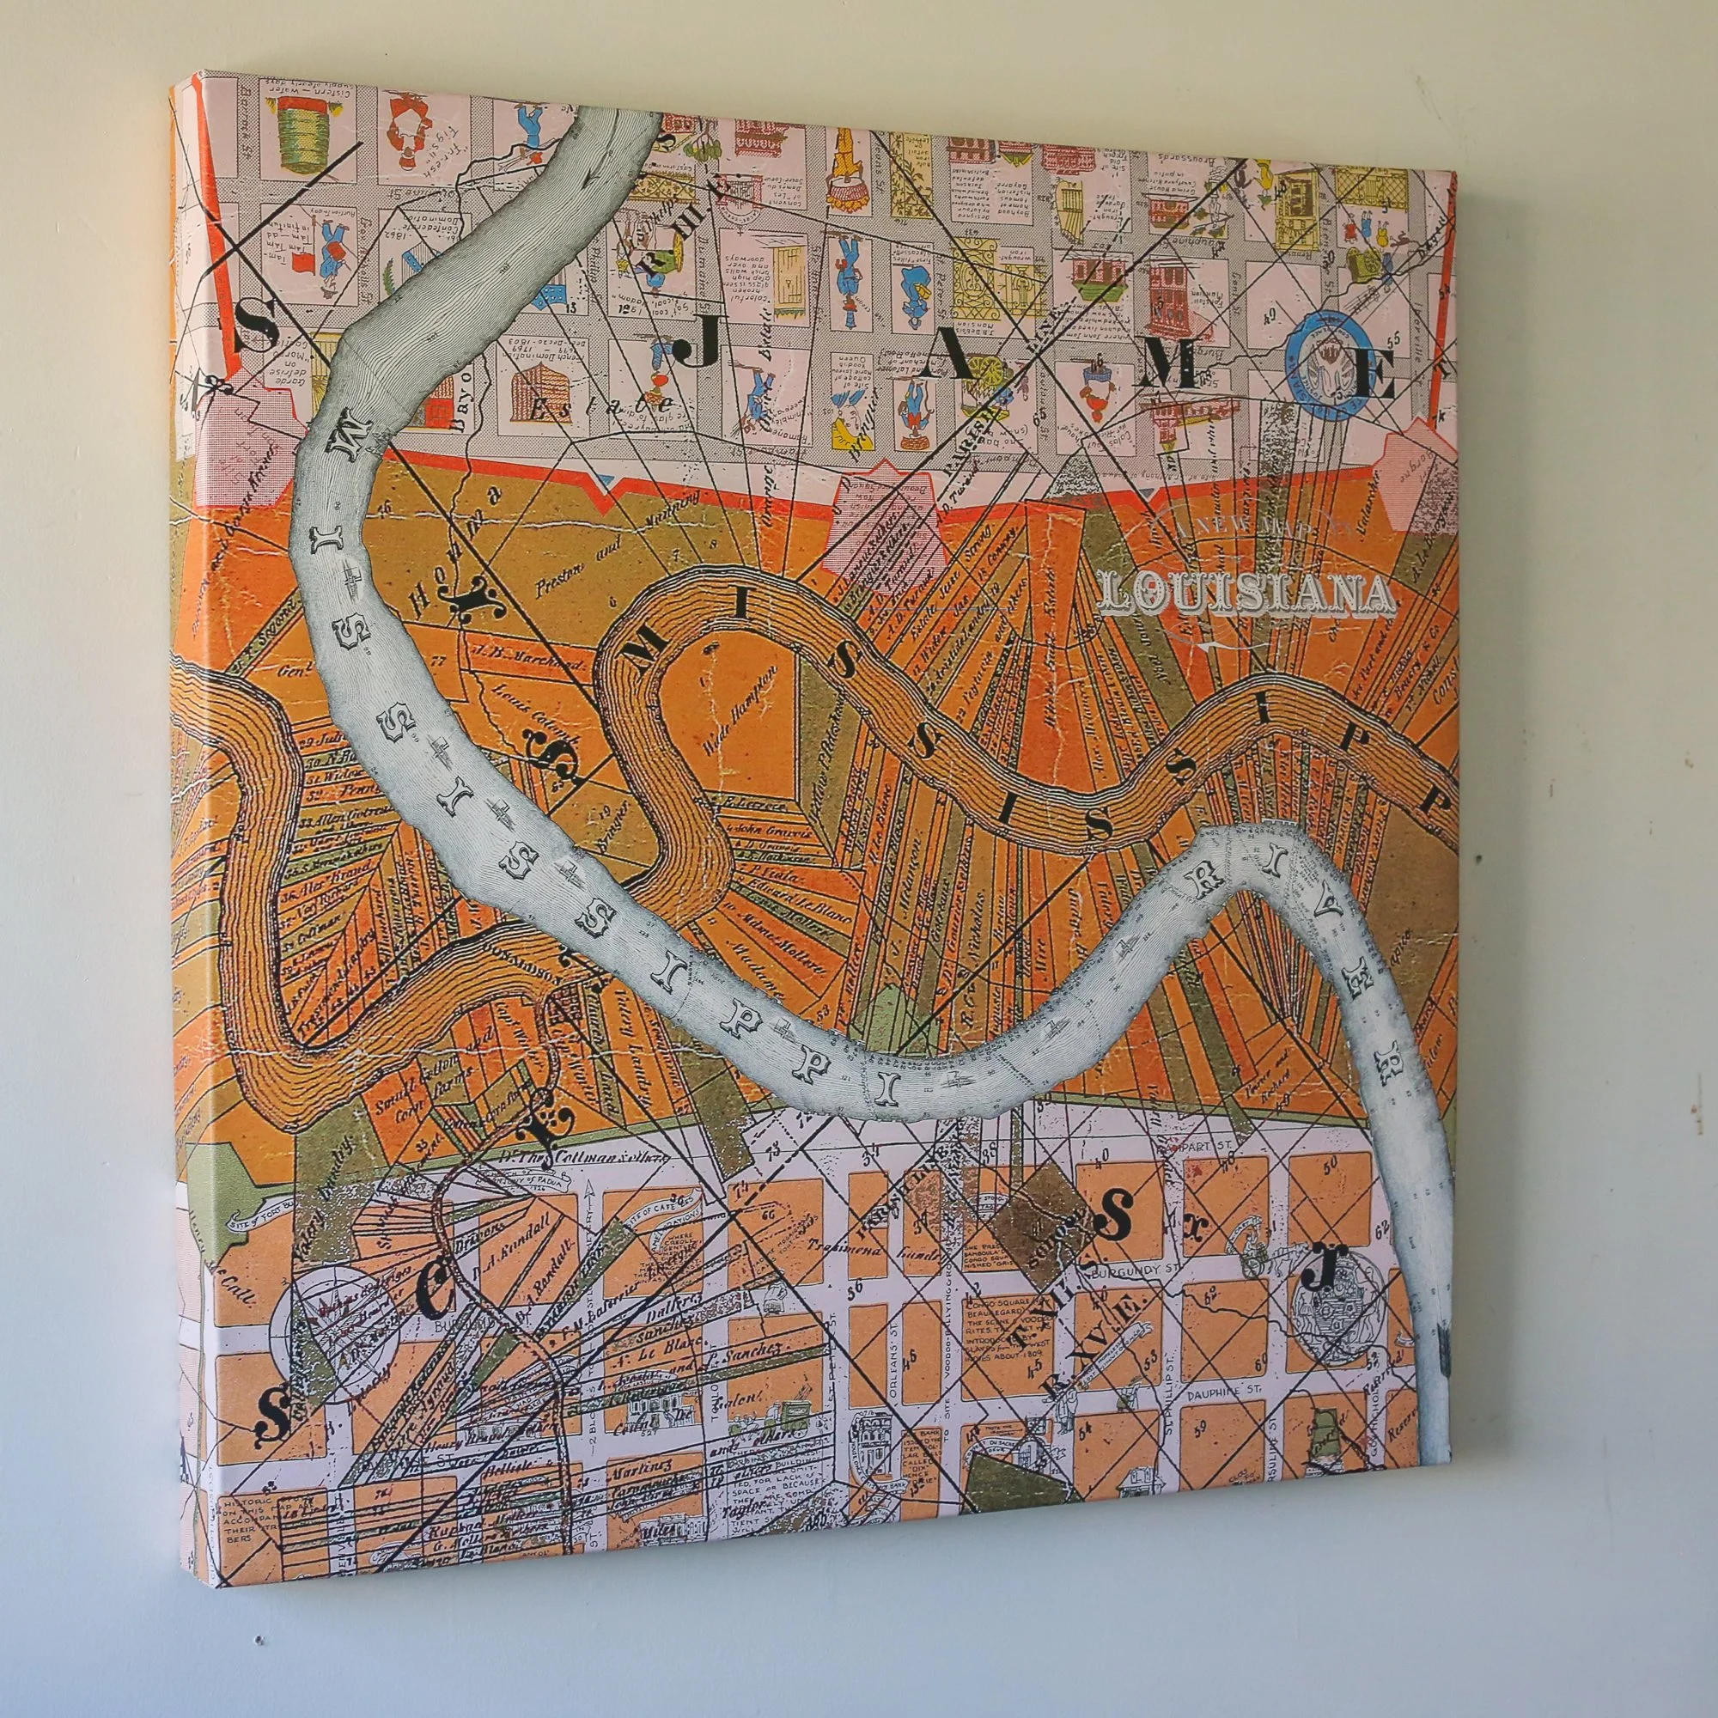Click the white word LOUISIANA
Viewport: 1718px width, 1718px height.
pos(1245,594)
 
